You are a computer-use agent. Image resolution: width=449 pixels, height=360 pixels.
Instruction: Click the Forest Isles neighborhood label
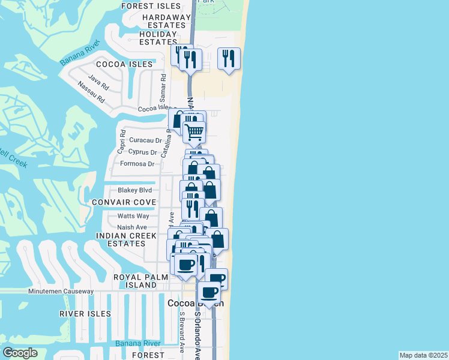(x=151, y=6)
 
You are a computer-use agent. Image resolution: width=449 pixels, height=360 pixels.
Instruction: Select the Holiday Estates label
(x=158, y=38)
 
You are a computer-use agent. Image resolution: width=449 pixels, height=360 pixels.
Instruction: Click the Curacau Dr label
(x=146, y=140)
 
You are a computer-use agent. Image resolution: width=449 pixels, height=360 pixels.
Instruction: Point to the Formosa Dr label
(x=137, y=164)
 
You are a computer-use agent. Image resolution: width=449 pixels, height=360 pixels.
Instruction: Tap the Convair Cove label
(x=124, y=203)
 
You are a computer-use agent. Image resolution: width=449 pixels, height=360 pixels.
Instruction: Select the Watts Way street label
(x=133, y=216)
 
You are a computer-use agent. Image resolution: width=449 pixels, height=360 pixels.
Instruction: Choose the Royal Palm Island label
(x=136, y=281)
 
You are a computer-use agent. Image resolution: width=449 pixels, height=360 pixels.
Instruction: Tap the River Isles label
(x=85, y=314)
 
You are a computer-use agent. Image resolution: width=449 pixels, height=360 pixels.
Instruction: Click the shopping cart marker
(x=194, y=132)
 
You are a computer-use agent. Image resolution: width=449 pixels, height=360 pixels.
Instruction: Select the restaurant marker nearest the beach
(x=229, y=58)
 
